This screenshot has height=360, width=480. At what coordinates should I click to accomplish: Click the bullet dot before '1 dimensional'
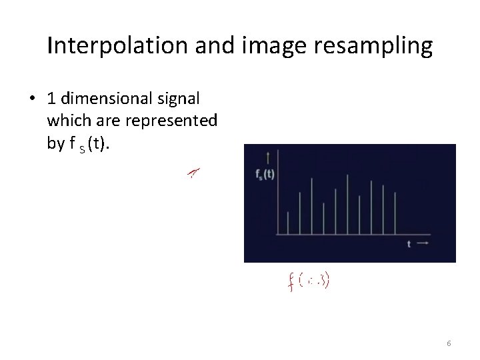[x=32, y=98]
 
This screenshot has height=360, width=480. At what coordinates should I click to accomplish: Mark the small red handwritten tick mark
[x=193, y=173]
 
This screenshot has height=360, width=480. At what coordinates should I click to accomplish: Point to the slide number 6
[x=449, y=343]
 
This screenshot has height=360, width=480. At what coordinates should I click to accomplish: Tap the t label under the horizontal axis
[x=409, y=244]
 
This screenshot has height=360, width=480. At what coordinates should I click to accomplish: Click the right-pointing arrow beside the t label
[x=422, y=244]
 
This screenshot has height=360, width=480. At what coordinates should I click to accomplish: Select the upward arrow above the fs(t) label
[x=267, y=158]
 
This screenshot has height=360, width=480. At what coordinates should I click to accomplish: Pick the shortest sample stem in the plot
[x=287, y=223]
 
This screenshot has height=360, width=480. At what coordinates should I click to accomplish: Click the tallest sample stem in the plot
[x=347, y=204]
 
